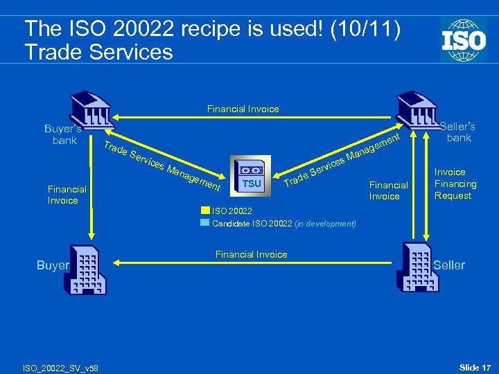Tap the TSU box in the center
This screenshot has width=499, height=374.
pos(252,176)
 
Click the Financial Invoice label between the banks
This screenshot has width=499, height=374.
pos(243,109)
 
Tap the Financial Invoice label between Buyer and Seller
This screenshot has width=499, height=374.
pos(251,254)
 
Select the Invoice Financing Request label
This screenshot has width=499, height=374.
pos(455,184)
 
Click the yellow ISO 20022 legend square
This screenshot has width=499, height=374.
pos(205,211)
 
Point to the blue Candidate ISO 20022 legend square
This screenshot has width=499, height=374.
pos(205,223)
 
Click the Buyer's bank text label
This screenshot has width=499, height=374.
pos(64,134)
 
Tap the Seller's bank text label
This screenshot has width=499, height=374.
pos(458,132)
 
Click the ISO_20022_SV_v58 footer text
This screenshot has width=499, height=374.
pos(61,367)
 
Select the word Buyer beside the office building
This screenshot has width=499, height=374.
pos(53,265)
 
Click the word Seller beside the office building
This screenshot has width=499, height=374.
pos(449,265)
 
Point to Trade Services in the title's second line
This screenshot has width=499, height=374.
pos(98,51)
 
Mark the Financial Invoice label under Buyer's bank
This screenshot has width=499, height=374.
pos(67,194)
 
